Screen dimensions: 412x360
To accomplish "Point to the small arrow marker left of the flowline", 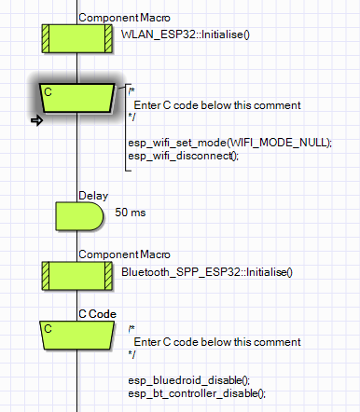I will point(38,120).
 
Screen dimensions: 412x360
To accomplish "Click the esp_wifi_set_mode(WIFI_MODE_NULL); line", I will point(229,142).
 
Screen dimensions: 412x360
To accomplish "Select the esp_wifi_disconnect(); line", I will point(183,155).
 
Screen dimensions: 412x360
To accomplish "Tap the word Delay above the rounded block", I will point(93,197).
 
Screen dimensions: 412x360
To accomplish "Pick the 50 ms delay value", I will point(131,213).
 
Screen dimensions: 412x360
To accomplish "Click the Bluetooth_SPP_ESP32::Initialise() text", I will point(207,272).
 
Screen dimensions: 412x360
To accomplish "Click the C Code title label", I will point(97,315).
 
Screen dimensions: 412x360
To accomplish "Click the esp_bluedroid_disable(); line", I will point(189,380).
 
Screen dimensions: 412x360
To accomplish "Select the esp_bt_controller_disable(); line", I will point(197,392).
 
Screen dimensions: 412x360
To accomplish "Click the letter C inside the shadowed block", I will point(49,91).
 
